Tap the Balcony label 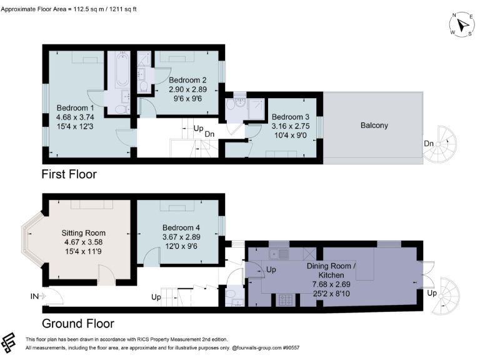point(374,126)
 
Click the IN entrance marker point(35,296)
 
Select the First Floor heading point(69,174)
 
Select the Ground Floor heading point(77,324)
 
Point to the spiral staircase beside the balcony point(446,144)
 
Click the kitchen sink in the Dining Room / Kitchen point(276,254)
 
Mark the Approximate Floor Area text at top point(85,9)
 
